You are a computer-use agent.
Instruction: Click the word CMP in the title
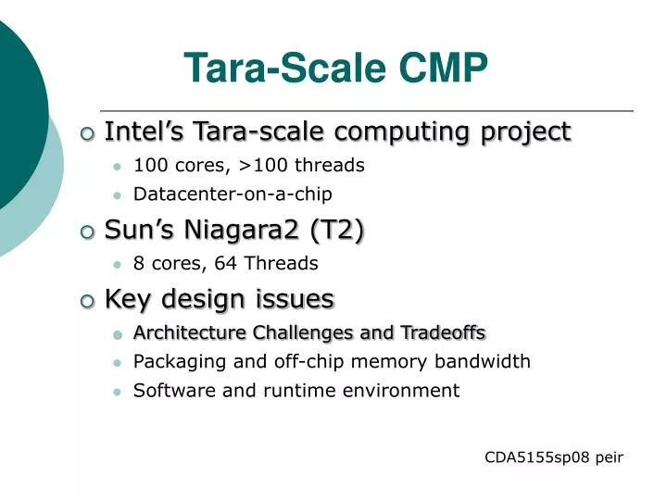point(443,68)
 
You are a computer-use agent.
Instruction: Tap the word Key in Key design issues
point(125,299)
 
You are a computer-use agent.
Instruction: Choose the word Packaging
point(174,362)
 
